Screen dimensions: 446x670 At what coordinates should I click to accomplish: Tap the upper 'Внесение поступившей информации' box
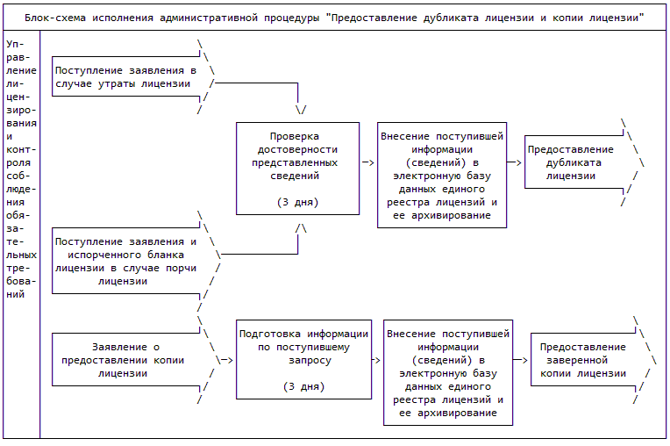[x=442, y=176]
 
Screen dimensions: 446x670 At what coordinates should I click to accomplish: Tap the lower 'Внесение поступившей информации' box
[x=448, y=373]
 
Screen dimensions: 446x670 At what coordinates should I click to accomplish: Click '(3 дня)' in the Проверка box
[x=297, y=203]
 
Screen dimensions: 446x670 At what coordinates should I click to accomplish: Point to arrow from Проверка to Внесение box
[x=368, y=162]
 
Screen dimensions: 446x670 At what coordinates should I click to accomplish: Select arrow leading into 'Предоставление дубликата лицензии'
[x=516, y=162]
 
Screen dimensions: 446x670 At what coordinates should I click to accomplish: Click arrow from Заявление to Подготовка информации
[x=225, y=359]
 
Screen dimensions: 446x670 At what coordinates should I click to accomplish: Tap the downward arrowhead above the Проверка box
[x=301, y=111]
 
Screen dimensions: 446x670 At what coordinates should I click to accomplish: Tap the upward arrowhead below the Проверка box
[x=301, y=228]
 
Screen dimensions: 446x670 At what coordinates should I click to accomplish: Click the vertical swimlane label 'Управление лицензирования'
[x=21, y=167]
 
